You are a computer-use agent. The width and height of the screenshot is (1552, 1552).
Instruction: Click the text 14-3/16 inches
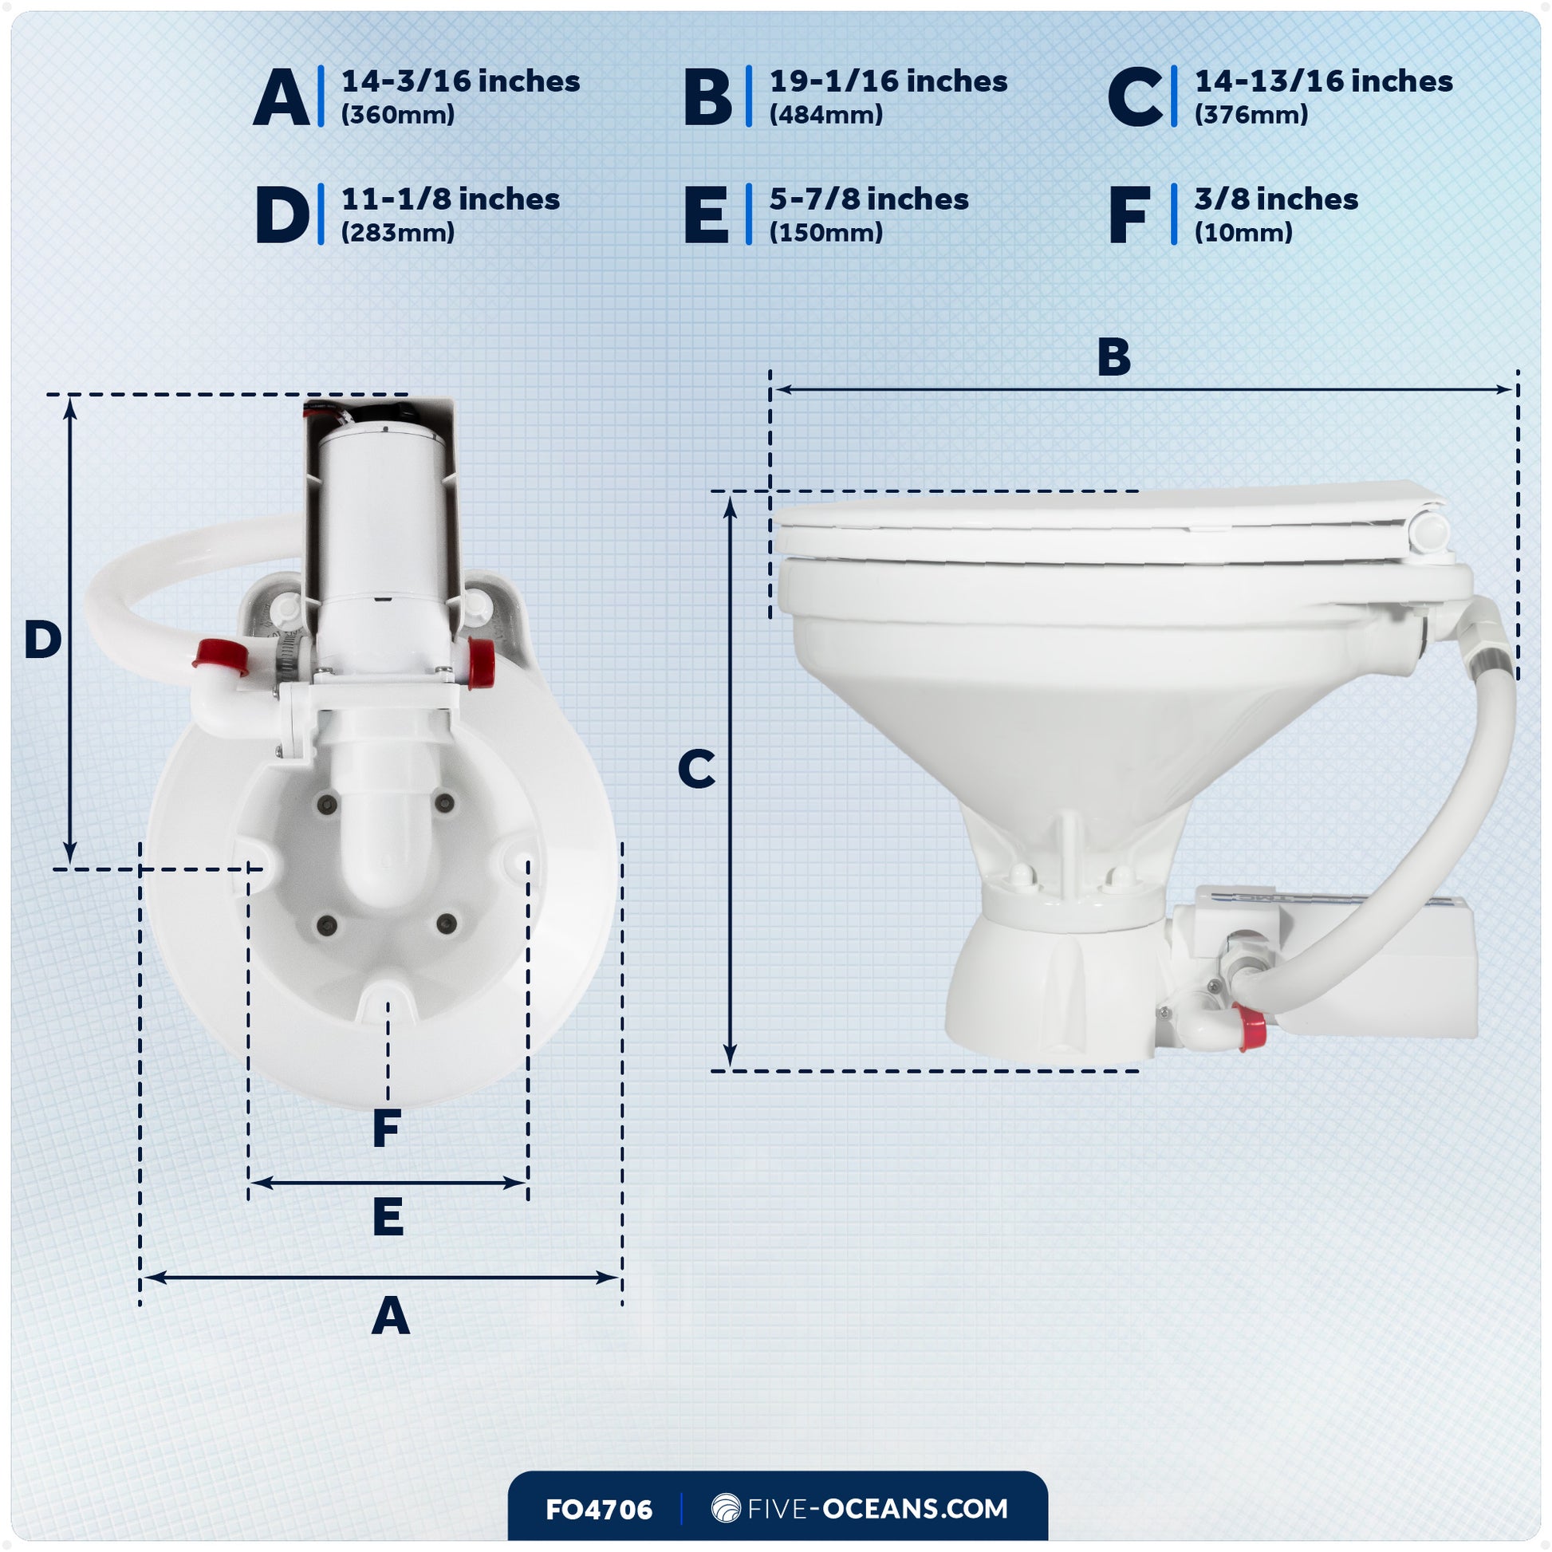click(x=460, y=81)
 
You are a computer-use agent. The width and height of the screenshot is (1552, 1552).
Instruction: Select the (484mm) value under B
click(x=825, y=115)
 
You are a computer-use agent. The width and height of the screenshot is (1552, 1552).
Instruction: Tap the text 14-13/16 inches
click(x=1323, y=81)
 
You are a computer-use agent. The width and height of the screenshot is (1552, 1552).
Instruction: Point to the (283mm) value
click(x=398, y=233)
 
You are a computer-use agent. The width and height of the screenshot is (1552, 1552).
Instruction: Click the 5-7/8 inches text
click(x=869, y=199)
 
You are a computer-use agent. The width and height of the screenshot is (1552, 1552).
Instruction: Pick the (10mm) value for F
click(x=1243, y=233)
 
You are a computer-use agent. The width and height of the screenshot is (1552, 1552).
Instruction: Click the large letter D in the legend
click(x=282, y=215)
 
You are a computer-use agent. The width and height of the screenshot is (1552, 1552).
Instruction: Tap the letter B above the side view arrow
click(x=1113, y=357)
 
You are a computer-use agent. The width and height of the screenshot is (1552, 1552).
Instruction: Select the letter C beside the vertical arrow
click(x=695, y=770)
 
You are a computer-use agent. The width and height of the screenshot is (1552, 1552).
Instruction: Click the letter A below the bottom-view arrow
click(x=391, y=1318)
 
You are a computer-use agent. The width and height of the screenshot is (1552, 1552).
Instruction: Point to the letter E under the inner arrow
click(x=388, y=1217)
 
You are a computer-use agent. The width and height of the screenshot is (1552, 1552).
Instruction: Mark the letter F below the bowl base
click(x=386, y=1129)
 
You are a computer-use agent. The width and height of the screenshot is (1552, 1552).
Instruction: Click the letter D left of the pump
click(x=42, y=640)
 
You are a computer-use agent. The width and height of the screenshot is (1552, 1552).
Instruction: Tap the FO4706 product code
click(x=598, y=1510)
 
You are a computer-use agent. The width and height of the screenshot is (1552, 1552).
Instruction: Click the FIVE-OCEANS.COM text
click(x=876, y=1509)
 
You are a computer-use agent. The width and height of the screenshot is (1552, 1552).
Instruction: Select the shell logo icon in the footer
click(x=726, y=1508)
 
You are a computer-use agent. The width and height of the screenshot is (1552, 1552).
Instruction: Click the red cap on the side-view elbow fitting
click(x=1249, y=1029)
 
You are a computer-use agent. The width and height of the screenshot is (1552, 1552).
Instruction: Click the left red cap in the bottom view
click(x=219, y=656)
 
